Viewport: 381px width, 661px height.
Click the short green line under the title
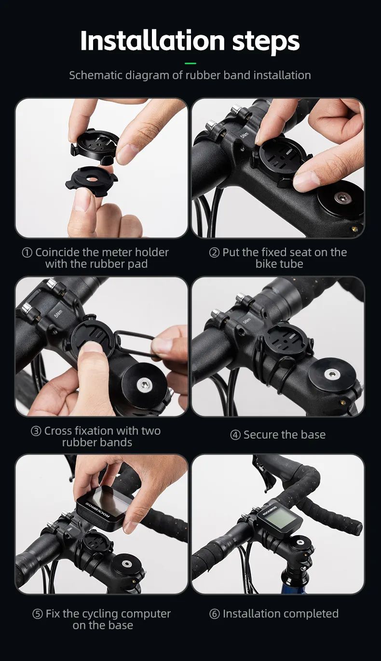(190, 63)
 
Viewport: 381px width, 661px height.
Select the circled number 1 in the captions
(27, 253)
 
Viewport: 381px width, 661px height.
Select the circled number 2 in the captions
(214, 253)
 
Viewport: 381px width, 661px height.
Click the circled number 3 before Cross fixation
(36, 431)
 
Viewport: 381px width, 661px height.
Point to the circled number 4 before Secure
(235, 435)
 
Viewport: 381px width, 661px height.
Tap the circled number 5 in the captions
(38, 614)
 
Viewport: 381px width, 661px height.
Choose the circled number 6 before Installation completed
(215, 614)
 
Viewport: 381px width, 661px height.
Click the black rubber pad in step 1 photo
(92, 178)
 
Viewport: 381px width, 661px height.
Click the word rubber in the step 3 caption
(80, 443)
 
